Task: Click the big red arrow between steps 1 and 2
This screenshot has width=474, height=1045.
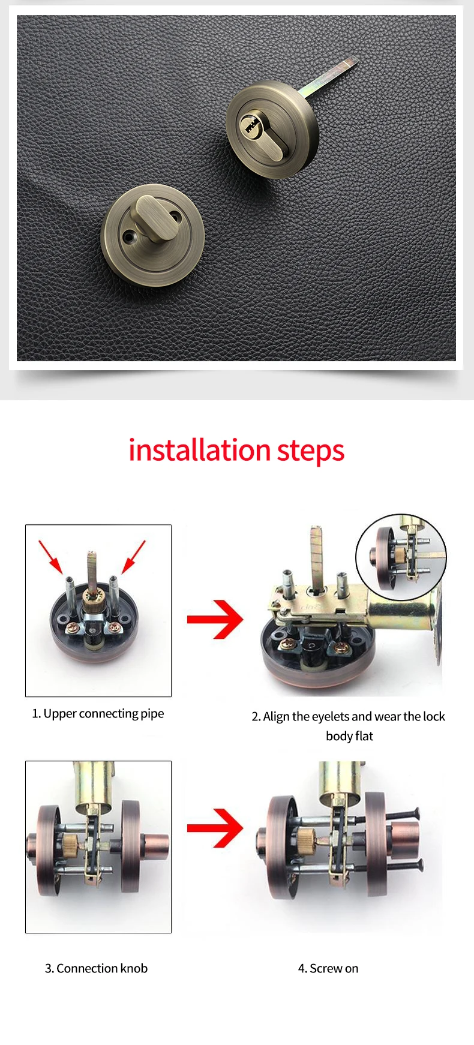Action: [x=215, y=619]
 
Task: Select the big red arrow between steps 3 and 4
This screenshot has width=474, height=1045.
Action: [x=215, y=828]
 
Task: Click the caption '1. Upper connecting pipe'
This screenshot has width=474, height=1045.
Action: [x=98, y=713]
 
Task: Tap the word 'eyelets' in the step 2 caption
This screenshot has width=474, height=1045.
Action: [x=330, y=716]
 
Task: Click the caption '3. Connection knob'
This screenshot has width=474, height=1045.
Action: [x=96, y=968]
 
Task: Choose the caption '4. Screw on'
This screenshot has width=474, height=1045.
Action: [x=328, y=968]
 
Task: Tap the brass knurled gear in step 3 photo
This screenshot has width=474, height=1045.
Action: [x=71, y=844]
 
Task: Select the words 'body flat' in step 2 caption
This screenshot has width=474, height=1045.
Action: [x=349, y=736]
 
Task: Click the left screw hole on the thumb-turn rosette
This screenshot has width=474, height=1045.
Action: [x=127, y=237]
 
